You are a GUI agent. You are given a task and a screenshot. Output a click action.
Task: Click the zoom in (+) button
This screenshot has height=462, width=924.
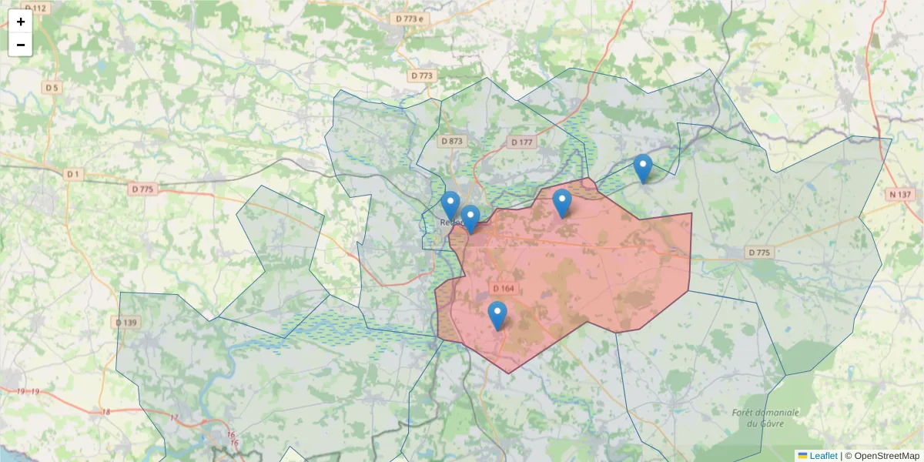pos(21,22)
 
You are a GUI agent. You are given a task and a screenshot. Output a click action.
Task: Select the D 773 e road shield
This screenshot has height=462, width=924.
pos(410,18)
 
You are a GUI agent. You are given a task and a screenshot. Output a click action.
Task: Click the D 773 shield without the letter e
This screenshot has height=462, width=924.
pos(422,75)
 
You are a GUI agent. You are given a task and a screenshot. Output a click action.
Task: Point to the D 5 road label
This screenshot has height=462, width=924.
pos(52,88)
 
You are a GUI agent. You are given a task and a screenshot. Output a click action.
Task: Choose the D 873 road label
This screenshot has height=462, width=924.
pos(452,141)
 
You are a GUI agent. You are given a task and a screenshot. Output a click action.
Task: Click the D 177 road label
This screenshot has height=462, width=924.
pos(521,142)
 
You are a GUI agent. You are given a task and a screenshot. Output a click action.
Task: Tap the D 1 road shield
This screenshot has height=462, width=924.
pos(73,174)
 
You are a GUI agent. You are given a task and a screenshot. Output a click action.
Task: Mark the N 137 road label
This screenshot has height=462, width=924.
pos(898,193)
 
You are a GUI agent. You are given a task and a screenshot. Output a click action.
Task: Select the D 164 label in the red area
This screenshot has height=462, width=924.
pos(503,288)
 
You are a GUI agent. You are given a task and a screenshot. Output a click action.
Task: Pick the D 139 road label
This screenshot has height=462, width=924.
pos(126,322)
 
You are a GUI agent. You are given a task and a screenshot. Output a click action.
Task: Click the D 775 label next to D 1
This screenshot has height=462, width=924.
pos(142,189)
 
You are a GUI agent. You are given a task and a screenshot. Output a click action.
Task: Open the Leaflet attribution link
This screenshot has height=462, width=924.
pos(822,456)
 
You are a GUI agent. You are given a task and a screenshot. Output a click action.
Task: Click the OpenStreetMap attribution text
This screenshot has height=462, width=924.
pos(886,456)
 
